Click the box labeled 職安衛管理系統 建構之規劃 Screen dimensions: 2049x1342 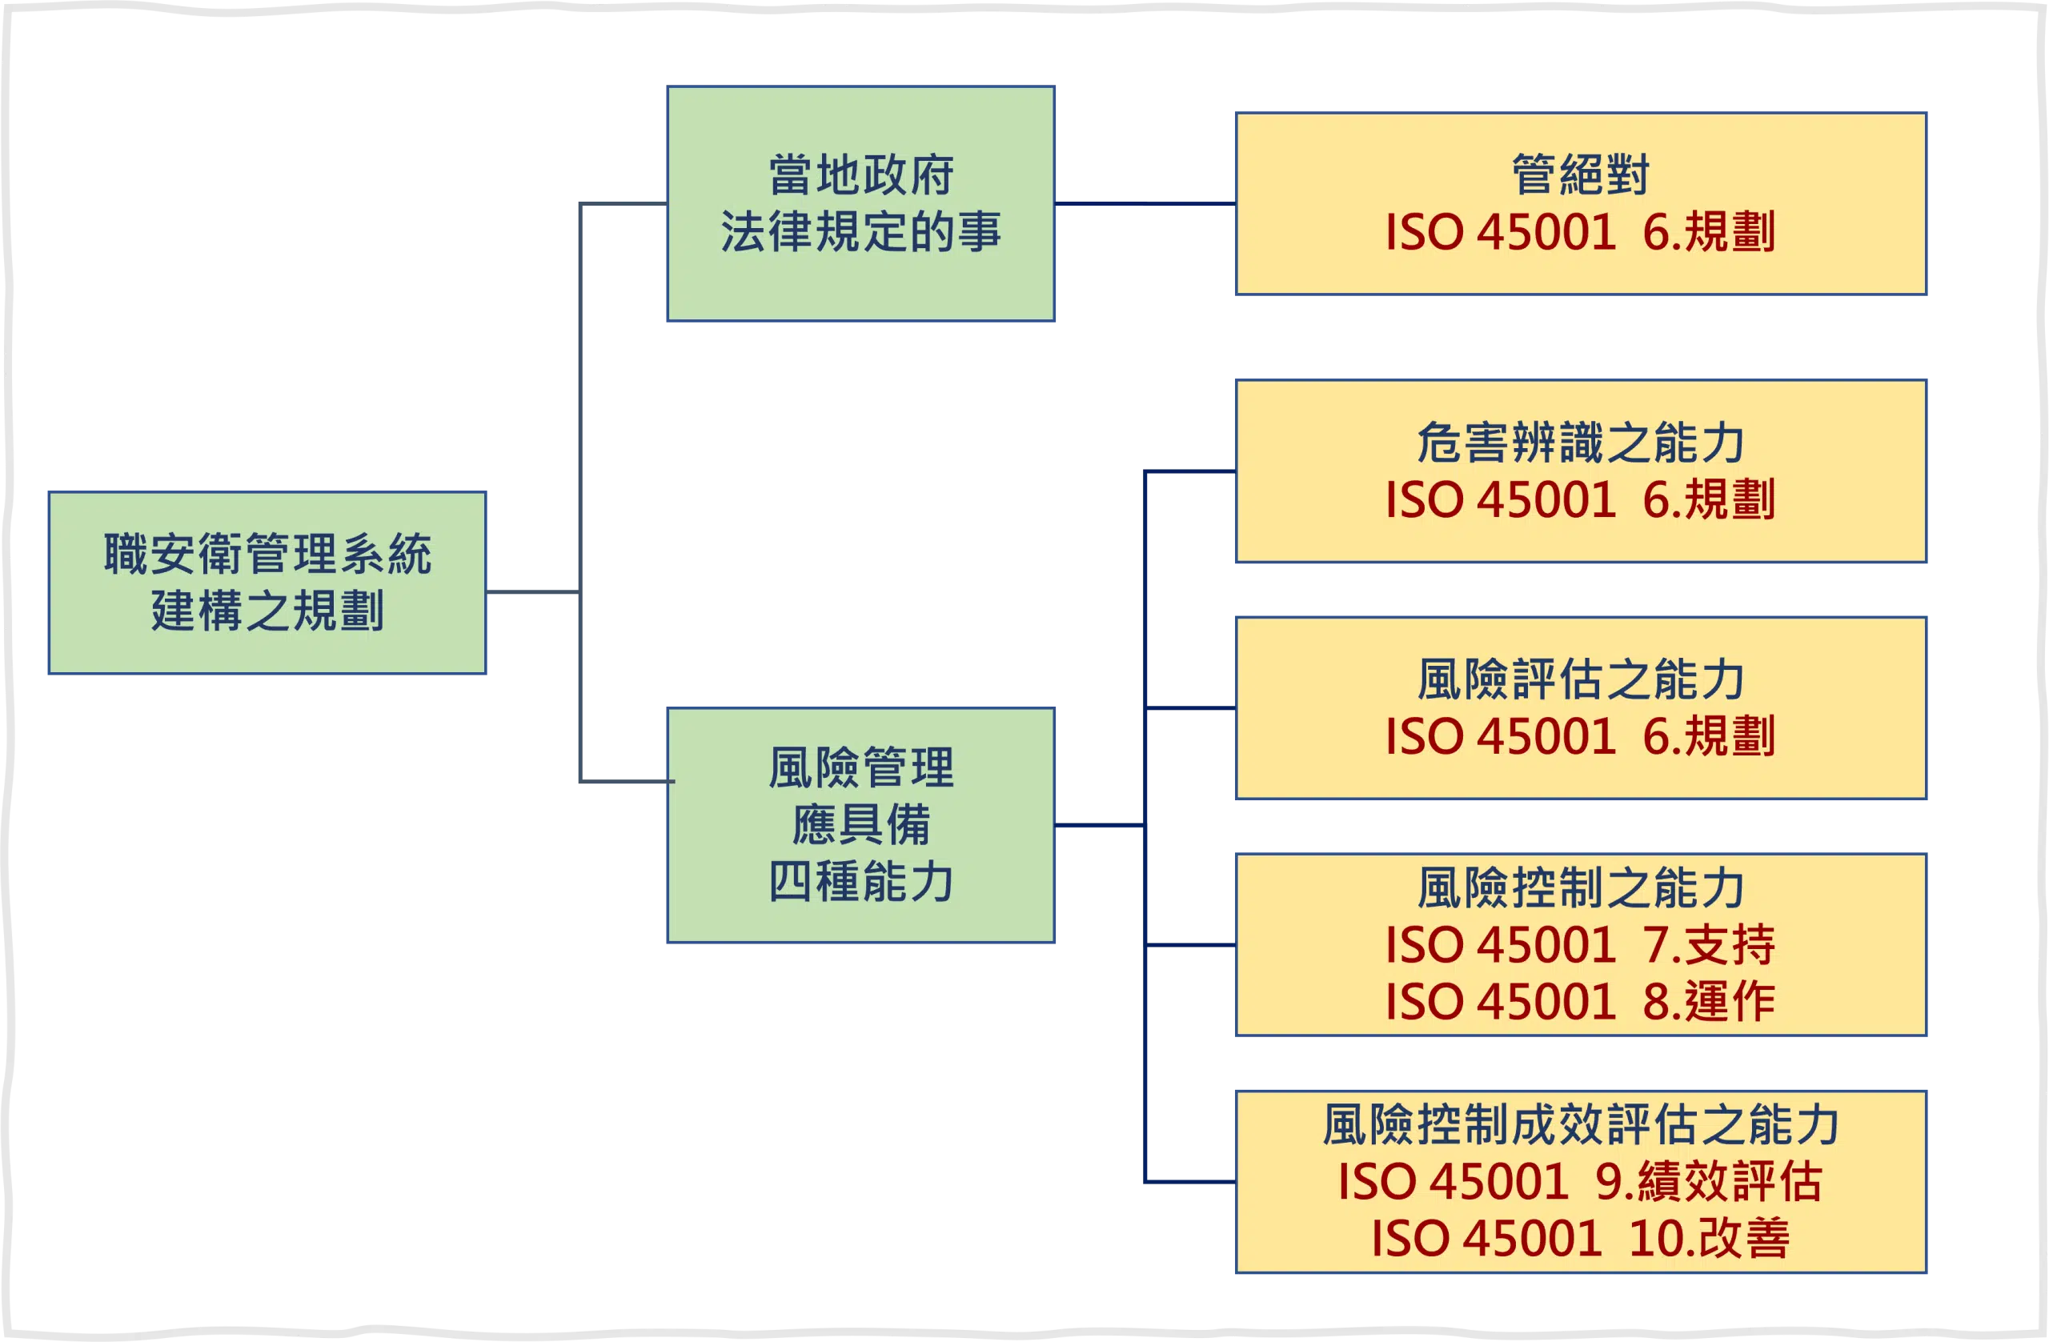click(267, 583)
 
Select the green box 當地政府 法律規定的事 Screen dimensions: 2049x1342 click(861, 204)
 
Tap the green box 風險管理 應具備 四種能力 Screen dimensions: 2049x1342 click(861, 826)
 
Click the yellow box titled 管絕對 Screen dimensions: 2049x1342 click(1582, 204)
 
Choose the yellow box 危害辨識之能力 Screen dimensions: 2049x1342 click(1582, 471)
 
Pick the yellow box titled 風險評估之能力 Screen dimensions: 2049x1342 click(1582, 707)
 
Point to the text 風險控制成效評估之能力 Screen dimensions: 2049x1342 click(1582, 1124)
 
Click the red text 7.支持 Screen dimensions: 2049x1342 click(1709, 944)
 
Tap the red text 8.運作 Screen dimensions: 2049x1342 click(1709, 1001)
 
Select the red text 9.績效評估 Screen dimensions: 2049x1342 click(1709, 1181)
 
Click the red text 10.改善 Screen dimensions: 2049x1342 click(1710, 1238)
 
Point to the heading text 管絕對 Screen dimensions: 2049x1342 click(1582, 174)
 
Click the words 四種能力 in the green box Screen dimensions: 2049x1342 click(861, 882)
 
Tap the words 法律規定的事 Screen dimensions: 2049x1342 click(861, 231)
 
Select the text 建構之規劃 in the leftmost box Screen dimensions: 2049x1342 click(267, 611)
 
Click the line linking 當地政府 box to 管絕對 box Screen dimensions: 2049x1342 click(1146, 204)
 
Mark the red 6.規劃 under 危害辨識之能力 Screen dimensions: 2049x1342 click(1709, 499)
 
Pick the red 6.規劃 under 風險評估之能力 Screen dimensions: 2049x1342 click(1709, 736)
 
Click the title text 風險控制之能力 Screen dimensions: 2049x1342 click(1582, 887)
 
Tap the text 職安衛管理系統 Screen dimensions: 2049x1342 click(267, 554)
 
